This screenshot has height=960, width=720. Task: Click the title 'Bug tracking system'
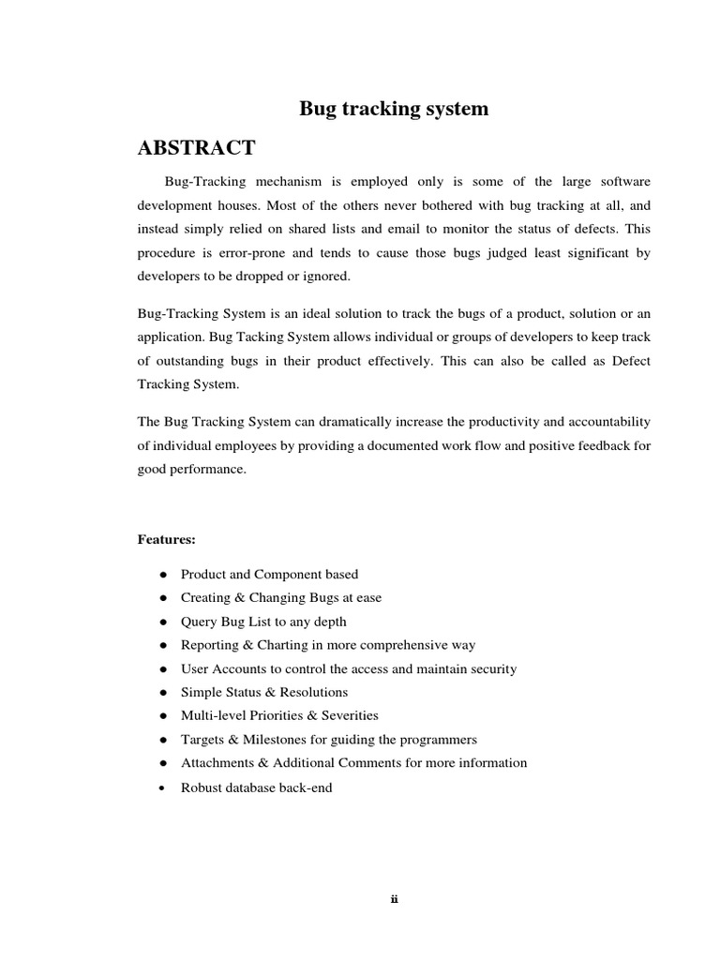click(394, 109)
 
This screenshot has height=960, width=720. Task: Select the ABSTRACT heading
click(196, 148)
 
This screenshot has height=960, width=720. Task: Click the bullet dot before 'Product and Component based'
click(163, 575)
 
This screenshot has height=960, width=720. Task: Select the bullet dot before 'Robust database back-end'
click(163, 787)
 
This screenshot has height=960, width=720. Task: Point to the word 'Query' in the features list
click(198, 622)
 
